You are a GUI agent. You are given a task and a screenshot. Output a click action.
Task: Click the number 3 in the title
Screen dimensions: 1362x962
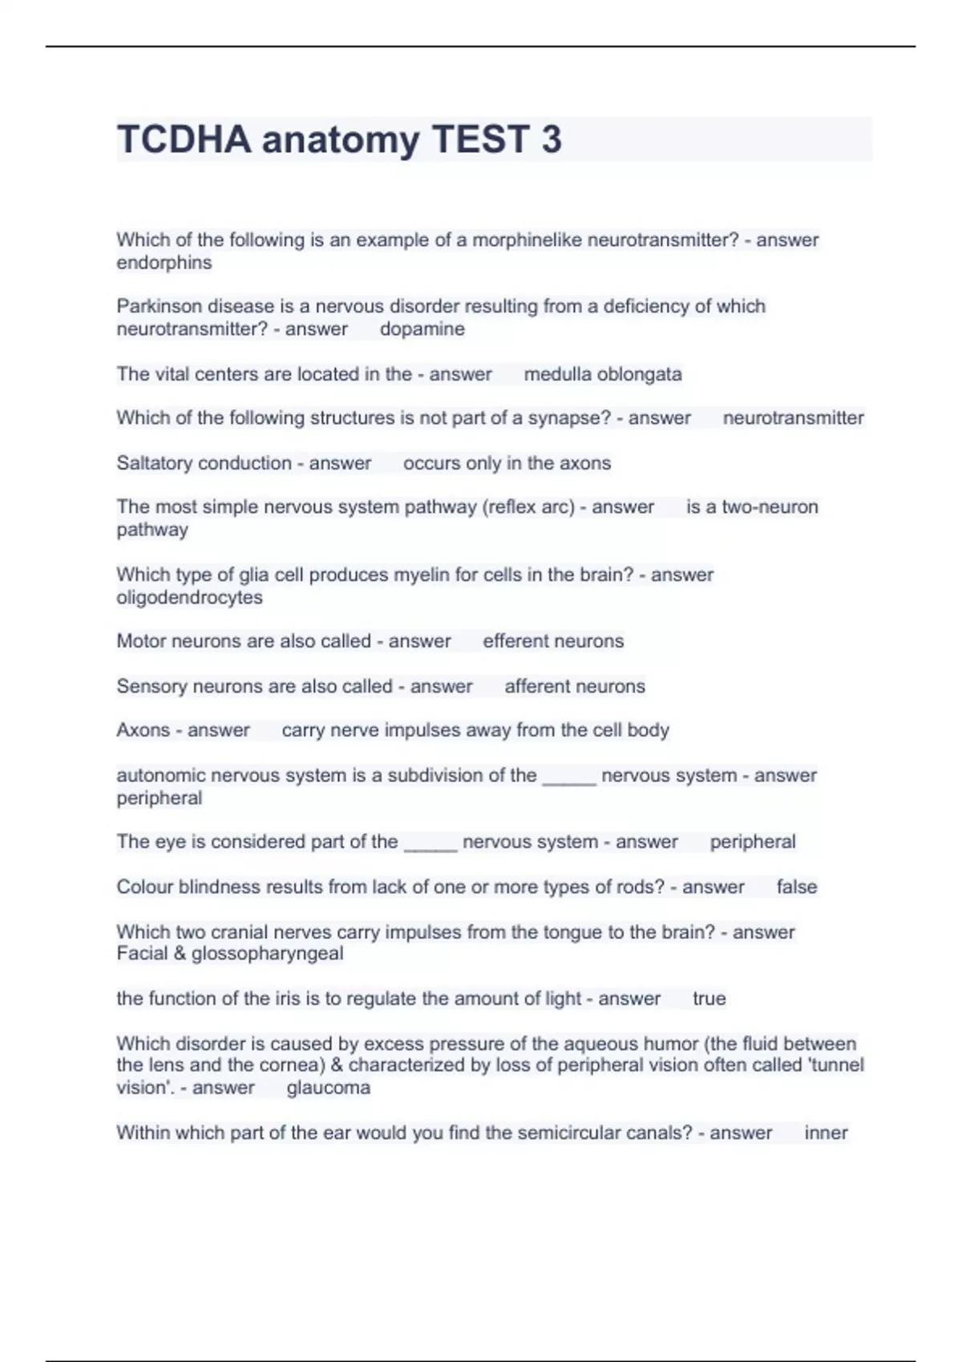[552, 139]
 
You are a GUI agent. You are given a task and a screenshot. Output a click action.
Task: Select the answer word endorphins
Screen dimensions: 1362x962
[164, 263]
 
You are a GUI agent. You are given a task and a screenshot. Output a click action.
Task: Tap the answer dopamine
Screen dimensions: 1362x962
[422, 329]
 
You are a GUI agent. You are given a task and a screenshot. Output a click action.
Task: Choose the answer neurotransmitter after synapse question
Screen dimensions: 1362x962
[793, 418]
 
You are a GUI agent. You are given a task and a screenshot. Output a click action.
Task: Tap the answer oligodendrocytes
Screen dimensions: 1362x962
[189, 598]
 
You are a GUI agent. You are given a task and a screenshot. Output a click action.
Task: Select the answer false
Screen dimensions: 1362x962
[797, 887]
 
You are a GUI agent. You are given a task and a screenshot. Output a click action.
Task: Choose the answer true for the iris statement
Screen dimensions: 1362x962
[709, 998]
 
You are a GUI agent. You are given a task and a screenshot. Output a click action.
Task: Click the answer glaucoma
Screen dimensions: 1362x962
[329, 1088]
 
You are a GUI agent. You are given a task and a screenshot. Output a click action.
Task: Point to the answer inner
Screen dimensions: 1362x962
[826, 1133]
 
